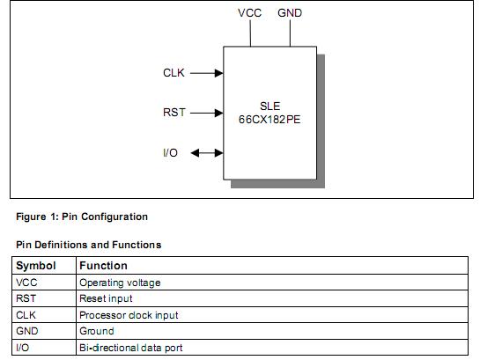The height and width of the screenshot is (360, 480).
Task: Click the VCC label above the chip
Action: coord(250,13)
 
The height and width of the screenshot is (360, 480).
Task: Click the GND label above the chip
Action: coord(290,13)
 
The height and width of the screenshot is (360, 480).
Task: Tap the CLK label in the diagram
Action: coord(174,73)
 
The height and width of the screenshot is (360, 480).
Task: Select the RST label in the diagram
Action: coord(174,113)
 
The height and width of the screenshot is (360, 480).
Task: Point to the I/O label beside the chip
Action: coord(171,153)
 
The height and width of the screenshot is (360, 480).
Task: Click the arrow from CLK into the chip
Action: coord(207,73)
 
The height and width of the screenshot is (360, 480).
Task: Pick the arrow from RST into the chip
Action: coord(207,113)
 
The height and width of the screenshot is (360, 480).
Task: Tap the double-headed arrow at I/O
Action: coord(207,153)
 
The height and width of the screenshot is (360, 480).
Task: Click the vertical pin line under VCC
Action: coord(250,33)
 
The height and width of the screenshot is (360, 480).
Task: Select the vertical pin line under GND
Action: coord(290,33)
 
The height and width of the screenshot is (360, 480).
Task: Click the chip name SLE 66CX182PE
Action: coord(270,111)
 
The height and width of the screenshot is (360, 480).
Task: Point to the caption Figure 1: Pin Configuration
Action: coord(82,217)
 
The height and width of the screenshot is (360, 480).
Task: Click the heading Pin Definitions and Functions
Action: coord(89,245)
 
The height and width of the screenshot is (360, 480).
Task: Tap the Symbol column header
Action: coord(36,266)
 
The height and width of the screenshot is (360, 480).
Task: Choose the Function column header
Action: coord(103,266)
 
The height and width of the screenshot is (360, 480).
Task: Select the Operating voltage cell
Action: coord(120,283)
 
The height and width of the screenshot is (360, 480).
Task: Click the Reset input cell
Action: coord(106,299)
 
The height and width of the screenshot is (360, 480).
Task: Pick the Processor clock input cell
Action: coord(129,315)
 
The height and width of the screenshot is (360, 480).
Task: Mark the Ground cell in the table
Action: coord(96,331)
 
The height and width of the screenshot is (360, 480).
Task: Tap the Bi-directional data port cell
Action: coord(131,348)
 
